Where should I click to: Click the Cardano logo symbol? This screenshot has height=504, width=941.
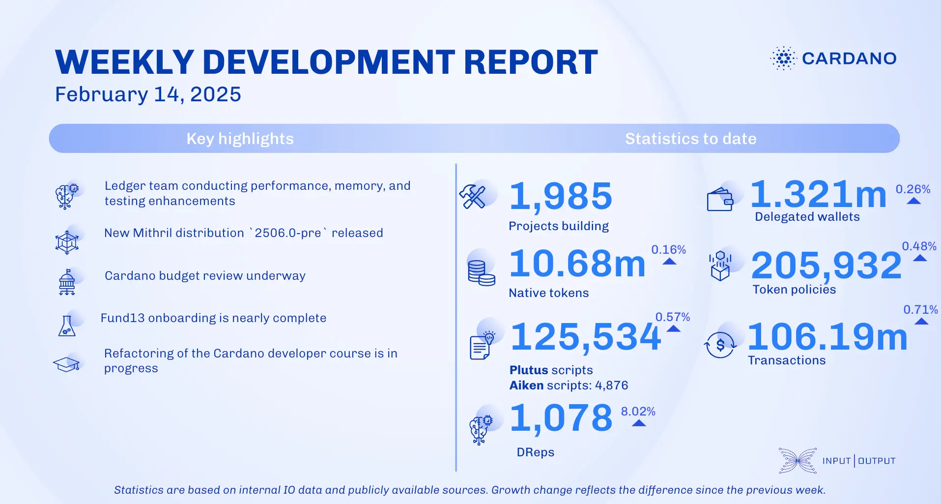pos(783,59)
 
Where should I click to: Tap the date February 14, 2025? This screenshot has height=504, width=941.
pos(148,94)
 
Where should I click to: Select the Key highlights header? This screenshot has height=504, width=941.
pos(240,139)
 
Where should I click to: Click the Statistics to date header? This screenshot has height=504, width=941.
pos(690,139)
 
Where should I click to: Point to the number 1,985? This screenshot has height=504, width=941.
pos(561,196)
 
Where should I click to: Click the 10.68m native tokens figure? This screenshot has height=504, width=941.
pos(577,264)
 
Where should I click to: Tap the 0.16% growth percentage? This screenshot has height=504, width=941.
pos(668,250)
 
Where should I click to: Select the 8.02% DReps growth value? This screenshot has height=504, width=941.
pos(638,412)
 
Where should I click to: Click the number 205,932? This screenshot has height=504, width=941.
pos(827,266)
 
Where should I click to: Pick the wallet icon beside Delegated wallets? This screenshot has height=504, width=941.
pos(720,201)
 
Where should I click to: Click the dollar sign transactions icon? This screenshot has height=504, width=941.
pos(720,345)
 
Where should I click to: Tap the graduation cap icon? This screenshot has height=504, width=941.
pos(66,364)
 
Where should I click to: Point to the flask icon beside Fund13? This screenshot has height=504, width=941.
pos(67,326)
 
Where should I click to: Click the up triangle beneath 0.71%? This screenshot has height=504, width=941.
pos(921,322)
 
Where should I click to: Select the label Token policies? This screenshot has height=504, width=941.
pos(794,290)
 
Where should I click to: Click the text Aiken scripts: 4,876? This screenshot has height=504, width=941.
pos(569,385)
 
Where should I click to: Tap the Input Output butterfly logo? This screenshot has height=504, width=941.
pos(798,461)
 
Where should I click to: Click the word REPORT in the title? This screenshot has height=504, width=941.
pos(530,62)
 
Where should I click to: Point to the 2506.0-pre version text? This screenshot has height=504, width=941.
pos(288,233)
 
